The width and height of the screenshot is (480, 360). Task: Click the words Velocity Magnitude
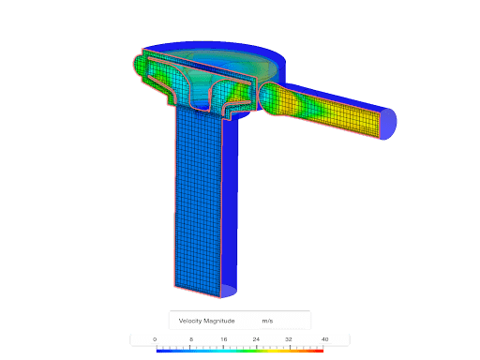206,321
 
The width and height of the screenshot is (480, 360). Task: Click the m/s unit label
267,321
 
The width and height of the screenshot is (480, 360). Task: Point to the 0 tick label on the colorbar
155,339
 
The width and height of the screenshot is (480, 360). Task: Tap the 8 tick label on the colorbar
191,339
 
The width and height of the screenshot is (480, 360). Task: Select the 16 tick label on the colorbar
224,339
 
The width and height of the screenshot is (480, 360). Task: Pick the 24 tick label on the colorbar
256,339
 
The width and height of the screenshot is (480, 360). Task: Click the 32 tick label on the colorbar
289,339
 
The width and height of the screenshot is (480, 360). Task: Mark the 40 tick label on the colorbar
325,339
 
